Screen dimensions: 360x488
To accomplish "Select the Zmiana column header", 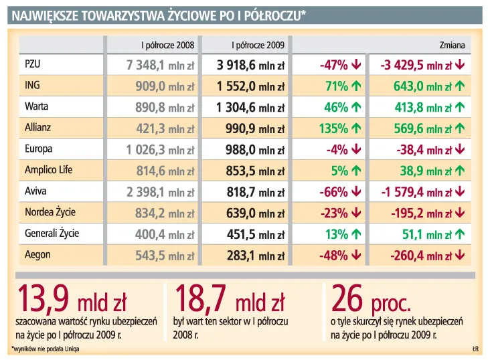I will click(456, 45).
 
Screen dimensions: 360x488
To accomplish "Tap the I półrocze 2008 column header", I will click(167, 45).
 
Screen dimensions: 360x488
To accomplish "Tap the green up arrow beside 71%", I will click(356, 86).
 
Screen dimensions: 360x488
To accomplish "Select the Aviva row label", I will click(34, 191).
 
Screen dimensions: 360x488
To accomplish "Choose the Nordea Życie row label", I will click(50, 212).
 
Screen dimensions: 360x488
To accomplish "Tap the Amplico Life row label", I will click(48, 170).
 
